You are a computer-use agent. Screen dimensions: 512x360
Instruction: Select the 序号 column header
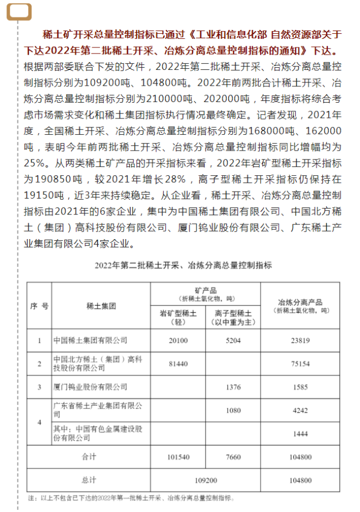click(39, 306)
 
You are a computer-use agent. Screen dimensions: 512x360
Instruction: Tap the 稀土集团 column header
click(101, 306)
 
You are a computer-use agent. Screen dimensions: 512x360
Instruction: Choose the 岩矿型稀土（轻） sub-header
click(178, 317)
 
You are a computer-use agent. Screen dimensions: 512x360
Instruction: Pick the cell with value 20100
click(178, 341)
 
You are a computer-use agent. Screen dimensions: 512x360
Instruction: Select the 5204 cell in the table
click(233, 341)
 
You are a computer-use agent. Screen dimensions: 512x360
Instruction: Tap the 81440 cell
click(178, 364)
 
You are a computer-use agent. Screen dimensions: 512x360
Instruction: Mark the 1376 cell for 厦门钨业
click(233, 387)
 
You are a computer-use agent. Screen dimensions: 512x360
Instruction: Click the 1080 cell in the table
click(233, 410)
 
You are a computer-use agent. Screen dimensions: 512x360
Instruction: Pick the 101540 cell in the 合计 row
click(178, 456)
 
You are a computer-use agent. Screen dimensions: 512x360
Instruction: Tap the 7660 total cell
click(233, 456)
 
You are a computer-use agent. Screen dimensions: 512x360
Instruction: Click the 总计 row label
click(89, 480)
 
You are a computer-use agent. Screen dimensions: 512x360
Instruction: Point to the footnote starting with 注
click(131, 498)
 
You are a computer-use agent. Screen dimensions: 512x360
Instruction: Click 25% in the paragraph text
click(34, 162)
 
